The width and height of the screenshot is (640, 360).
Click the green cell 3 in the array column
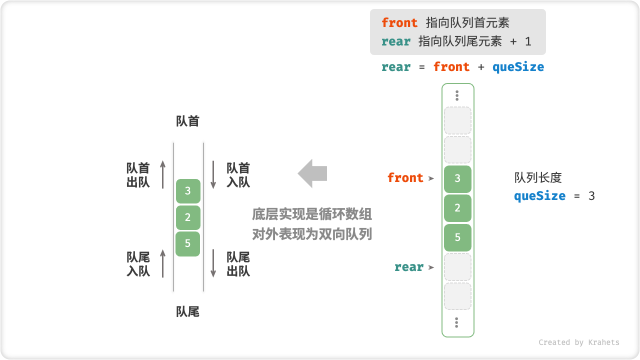click(x=457, y=178)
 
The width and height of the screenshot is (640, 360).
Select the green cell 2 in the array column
click(x=457, y=208)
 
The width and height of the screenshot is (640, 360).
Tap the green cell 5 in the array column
click(x=457, y=237)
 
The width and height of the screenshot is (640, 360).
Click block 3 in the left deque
click(x=188, y=191)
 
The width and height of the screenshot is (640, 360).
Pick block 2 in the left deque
click(x=188, y=217)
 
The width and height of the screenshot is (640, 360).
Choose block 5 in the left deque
click(x=188, y=244)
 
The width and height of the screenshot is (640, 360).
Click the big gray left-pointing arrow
click(x=312, y=173)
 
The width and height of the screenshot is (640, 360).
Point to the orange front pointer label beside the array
click(x=405, y=178)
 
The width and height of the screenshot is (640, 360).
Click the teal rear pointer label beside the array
click(x=409, y=267)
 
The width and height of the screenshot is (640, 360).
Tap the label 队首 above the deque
click(x=188, y=121)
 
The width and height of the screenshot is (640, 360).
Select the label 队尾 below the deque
click(x=188, y=312)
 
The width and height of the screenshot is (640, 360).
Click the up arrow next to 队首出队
click(x=163, y=174)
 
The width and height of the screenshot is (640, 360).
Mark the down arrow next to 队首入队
click(x=213, y=174)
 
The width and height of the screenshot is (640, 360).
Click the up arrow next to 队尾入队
click(x=163, y=263)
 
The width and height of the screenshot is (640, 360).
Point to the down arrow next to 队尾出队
click(x=213, y=263)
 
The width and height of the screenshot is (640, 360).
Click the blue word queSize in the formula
click(x=518, y=67)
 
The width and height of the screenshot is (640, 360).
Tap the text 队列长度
click(x=538, y=178)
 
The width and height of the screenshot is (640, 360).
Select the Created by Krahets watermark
click(x=579, y=342)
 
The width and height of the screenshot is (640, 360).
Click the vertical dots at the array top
click(x=457, y=95)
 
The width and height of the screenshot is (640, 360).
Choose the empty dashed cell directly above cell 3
click(x=457, y=150)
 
